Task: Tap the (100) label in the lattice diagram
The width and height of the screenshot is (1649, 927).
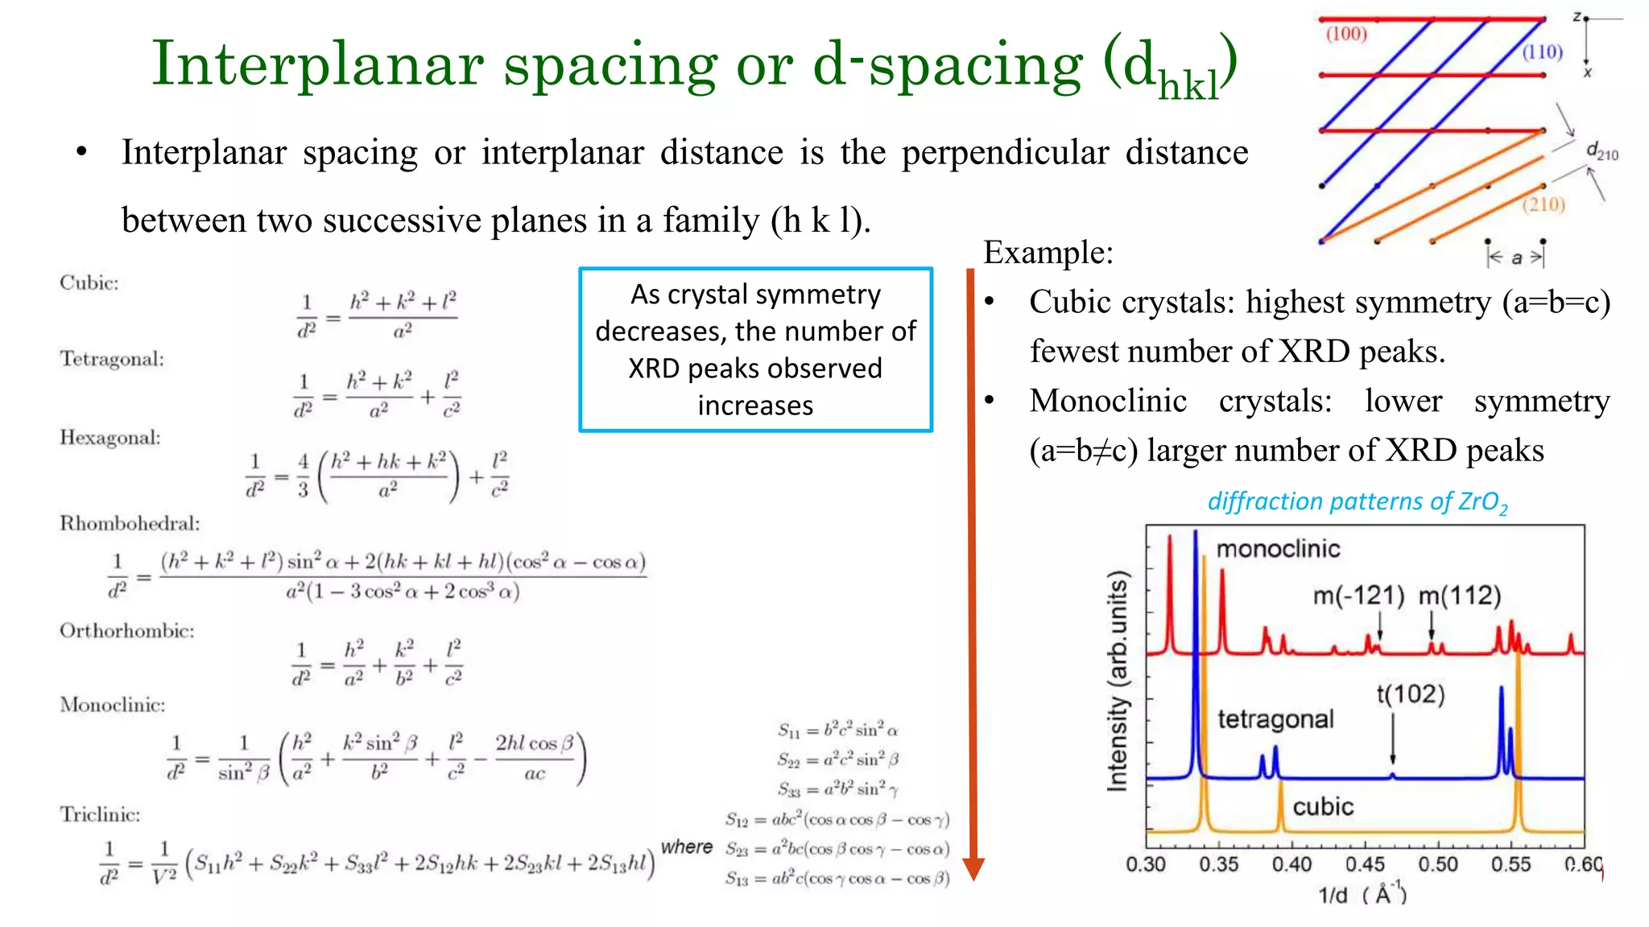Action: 1346,34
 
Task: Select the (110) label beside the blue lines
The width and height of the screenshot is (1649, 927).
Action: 1542,52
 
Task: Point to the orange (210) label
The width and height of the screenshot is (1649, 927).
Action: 1544,204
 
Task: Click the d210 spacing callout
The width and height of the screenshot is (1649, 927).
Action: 1601,150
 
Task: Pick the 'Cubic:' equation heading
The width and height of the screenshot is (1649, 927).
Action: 89,282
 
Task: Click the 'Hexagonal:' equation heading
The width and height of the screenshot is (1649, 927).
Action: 110,437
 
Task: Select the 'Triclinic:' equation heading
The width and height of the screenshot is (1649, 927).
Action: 100,814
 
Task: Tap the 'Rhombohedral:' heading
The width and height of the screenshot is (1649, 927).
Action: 130,523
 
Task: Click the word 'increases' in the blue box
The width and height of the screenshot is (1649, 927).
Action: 755,406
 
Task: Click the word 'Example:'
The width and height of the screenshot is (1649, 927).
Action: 1048,253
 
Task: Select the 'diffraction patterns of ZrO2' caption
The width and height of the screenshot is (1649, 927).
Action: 1357,502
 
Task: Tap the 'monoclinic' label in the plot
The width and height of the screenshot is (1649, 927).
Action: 1278,549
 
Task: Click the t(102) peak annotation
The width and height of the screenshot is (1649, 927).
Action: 1410,694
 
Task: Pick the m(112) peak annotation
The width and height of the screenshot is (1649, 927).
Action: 1459,595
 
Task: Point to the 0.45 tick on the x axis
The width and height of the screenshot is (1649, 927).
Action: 1365,864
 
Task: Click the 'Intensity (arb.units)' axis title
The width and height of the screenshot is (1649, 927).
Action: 1118,681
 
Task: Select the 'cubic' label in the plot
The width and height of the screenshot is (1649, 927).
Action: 1323,806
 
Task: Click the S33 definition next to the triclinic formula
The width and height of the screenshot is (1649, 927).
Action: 837,789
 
